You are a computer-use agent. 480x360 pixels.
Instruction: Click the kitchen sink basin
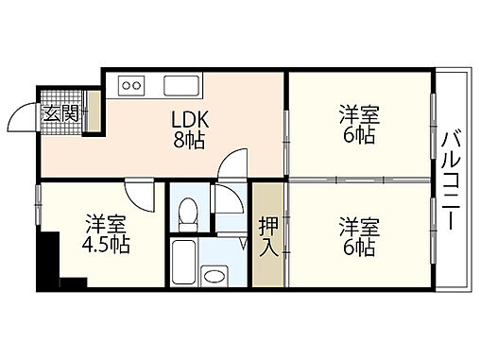point(179,87)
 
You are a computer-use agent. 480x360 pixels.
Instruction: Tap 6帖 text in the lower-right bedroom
point(359,248)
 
